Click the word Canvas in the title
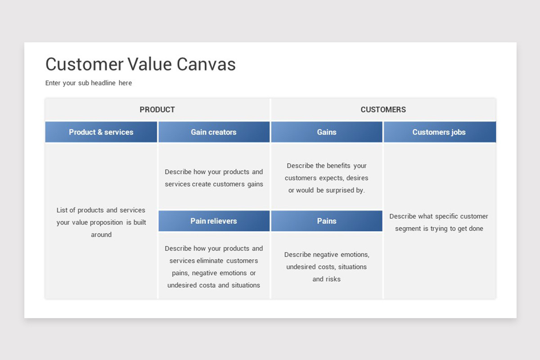pyautogui.click(x=206, y=64)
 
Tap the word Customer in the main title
pyautogui.click(x=85, y=64)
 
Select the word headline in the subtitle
pyautogui.click(x=103, y=83)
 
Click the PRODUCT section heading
pyautogui.click(x=157, y=110)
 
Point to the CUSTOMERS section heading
pyautogui.click(x=383, y=110)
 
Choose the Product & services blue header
pyautogui.click(x=101, y=132)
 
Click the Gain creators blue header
pyautogui.click(x=214, y=132)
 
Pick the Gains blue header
pyautogui.click(x=327, y=132)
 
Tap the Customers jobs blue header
pyautogui.click(x=440, y=132)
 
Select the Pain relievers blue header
pyautogui.click(x=214, y=221)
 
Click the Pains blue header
pyautogui.click(x=327, y=221)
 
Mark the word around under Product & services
pyautogui.click(x=101, y=234)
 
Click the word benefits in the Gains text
pyautogui.click(x=339, y=166)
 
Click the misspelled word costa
pyautogui.click(x=209, y=285)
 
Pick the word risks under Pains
pyautogui.click(x=333, y=279)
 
